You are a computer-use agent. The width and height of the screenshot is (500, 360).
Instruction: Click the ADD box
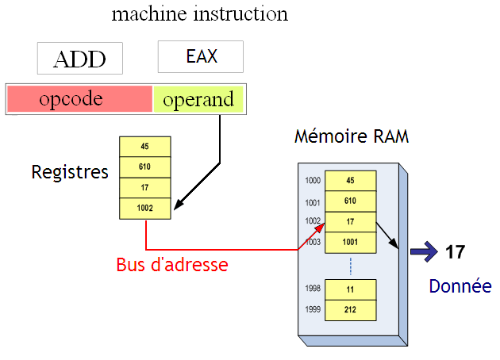click(x=82, y=59)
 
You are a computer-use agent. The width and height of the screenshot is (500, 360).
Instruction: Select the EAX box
click(x=201, y=57)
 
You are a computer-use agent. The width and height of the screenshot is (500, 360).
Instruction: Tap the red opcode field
click(x=79, y=99)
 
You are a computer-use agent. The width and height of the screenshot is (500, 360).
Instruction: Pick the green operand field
click(x=198, y=99)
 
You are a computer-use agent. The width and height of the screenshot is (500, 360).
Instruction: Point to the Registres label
click(x=70, y=172)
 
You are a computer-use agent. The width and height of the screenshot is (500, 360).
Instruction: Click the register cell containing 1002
click(x=144, y=209)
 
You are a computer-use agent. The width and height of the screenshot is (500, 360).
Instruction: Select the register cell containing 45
click(x=144, y=147)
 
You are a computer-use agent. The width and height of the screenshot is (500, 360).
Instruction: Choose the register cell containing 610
click(x=144, y=167)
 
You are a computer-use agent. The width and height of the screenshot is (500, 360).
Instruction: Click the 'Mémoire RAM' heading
click(x=352, y=136)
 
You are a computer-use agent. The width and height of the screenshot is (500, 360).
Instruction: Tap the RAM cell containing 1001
click(x=350, y=242)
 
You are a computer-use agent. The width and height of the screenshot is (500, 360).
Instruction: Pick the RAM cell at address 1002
click(x=350, y=221)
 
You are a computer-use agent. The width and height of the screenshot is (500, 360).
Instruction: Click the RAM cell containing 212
click(x=350, y=310)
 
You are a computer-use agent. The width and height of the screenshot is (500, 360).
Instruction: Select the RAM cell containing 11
click(x=350, y=289)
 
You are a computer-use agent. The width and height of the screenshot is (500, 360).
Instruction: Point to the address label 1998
click(x=313, y=289)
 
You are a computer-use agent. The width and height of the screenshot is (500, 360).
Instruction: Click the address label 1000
click(x=313, y=181)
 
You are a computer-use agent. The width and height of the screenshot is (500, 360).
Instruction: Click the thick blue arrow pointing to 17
click(x=423, y=253)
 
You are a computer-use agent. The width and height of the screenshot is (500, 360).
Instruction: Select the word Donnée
click(x=460, y=286)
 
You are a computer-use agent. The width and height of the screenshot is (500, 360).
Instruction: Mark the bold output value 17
click(x=455, y=253)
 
